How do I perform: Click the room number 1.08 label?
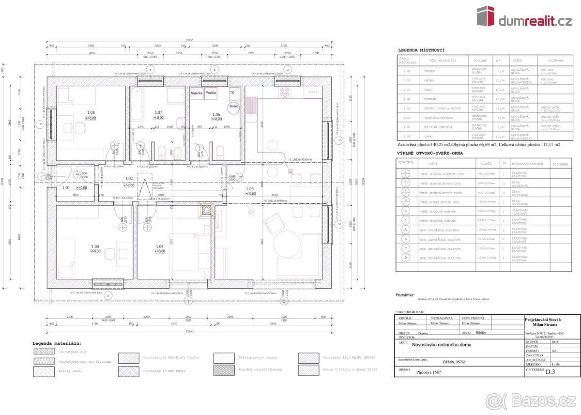coord(91,112)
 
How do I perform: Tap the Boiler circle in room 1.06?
coord(234,107)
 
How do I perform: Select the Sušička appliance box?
coord(196,92)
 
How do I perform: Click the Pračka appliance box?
coord(211,92)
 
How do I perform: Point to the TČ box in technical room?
coord(232,92)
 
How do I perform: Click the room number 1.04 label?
coord(159,246)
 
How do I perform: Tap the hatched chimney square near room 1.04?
coord(207,210)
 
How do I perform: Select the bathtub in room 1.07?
coord(137,104)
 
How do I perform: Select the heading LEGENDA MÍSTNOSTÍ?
coord(421,50)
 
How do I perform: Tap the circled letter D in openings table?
coord(406,258)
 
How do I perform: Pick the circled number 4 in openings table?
coord(406,211)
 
